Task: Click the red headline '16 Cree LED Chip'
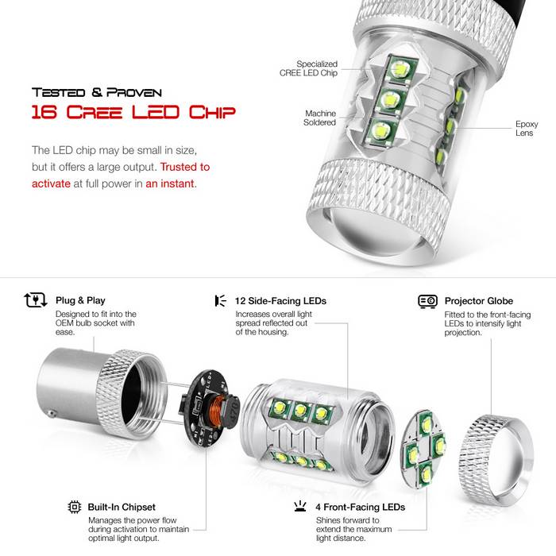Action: tap(133, 112)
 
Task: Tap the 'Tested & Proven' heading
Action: tap(97, 93)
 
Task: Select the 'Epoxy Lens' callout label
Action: tap(527, 129)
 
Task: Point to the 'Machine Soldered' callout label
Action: tap(320, 118)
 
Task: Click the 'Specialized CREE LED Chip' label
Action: tap(308, 68)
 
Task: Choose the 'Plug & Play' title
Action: tap(80, 300)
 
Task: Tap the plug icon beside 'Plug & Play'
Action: tap(36, 300)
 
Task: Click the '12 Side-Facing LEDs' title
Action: tap(280, 301)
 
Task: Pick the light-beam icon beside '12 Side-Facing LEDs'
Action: tap(221, 301)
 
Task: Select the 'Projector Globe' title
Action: tap(479, 301)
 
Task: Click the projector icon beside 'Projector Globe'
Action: tap(427, 301)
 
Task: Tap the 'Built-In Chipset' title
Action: tap(122, 507)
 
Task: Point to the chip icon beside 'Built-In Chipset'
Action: tap(75, 507)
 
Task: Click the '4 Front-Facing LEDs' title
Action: tap(361, 507)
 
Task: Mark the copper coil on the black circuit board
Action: tap(217, 412)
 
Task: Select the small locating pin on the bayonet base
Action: tap(52, 414)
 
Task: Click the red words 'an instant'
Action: tap(170, 183)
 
